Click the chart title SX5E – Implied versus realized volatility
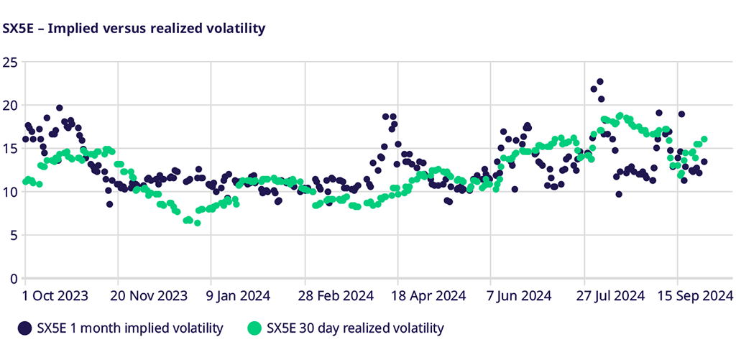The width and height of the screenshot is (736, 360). (134, 29)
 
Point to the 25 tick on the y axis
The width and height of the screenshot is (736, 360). (11, 62)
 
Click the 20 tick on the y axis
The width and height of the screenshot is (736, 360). (11, 105)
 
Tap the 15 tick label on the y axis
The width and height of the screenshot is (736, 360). (11, 148)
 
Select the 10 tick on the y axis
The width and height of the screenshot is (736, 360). (11, 192)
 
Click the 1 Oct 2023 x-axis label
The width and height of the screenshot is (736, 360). (56, 296)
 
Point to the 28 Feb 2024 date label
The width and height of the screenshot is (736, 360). (336, 296)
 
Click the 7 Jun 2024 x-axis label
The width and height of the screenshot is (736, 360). (520, 296)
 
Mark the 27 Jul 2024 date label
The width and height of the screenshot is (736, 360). (614, 296)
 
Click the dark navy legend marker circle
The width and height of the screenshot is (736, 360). (24, 328)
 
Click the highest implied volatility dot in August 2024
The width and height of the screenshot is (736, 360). (600, 82)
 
